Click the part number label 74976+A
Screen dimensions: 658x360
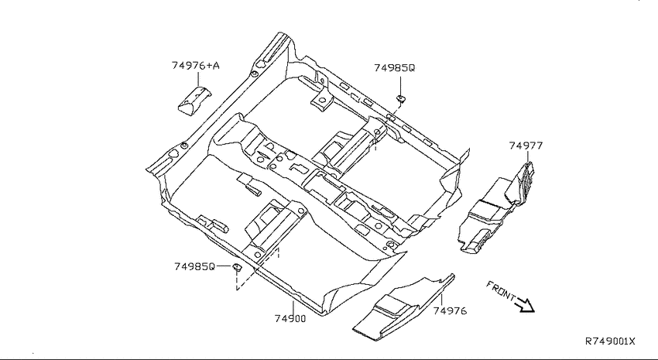[196, 66]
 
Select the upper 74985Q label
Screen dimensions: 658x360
[395, 68]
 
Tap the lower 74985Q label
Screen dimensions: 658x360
[195, 266]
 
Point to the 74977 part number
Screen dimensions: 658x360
[526, 146]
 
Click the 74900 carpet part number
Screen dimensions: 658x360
[290, 318]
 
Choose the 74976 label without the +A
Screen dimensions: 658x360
[450, 311]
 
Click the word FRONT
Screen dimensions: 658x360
[501, 290]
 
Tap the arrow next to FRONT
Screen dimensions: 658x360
[526, 305]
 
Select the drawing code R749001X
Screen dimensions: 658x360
[610, 341]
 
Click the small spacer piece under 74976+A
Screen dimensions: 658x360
[194, 100]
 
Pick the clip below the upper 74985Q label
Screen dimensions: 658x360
[401, 99]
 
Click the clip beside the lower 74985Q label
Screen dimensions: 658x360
[237, 266]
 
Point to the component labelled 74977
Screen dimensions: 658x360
[495, 208]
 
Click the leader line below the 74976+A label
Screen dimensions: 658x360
[197, 79]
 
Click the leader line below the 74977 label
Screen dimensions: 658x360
[528, 157]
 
